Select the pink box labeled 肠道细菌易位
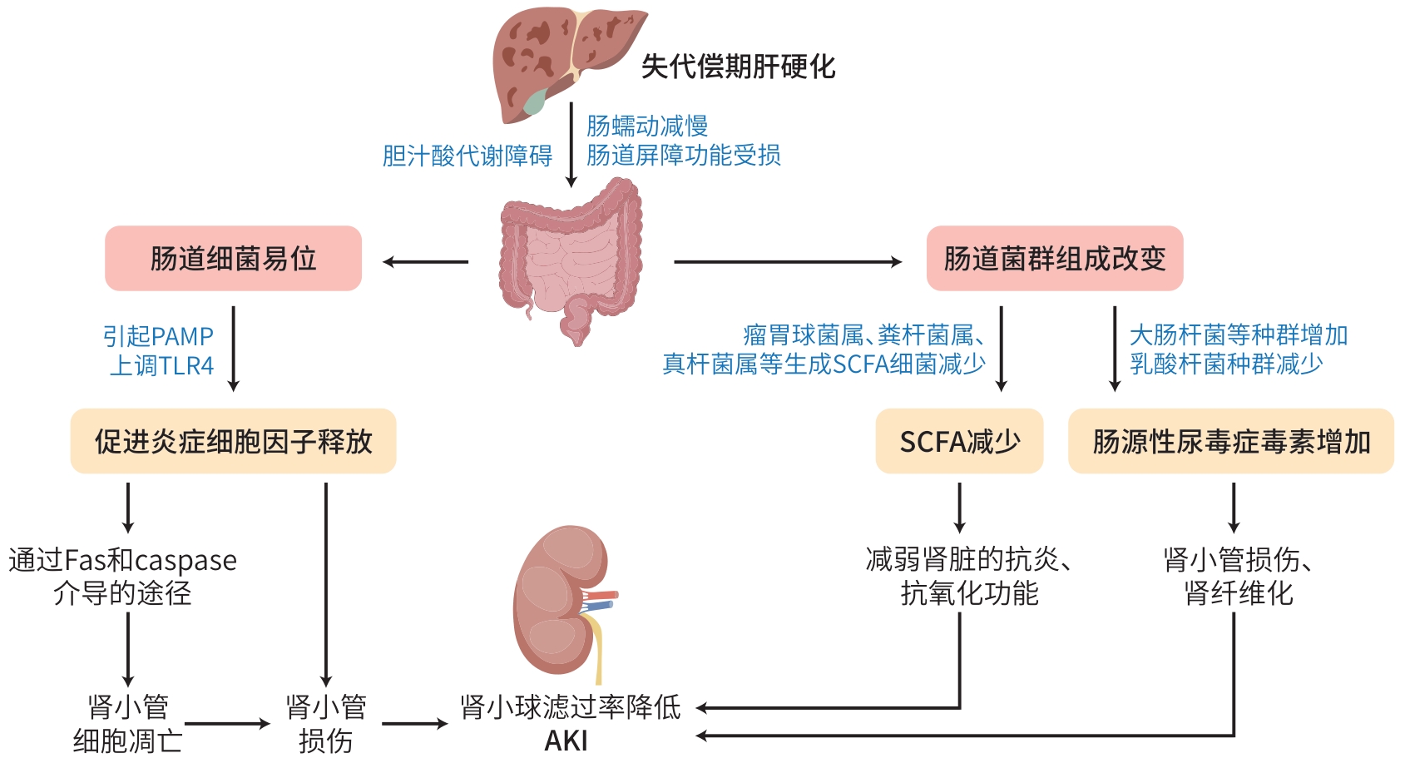pyautogui.click(x=233, y=259)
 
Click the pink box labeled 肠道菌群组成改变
pyautogui.click(x=1054, y=259)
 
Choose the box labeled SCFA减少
pyautogui.click(x=959, y=442)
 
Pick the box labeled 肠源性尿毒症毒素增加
pyautogui.click(x=1230, y=442)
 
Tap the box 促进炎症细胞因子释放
pyautogui.click(x=233, y=442)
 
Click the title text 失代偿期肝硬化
pyautogui.click(x=738, y=67)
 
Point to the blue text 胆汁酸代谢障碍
pyautogui.click(x=468, y=156)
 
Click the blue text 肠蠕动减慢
pyautogui.click(x=647, y=126)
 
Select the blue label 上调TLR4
pyautogui.click(x=162, y=366)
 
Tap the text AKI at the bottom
pyautogui.click(x=566, y=741)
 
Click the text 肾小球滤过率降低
pyautogui.click(x=571, y=707)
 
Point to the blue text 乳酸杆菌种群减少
pyautogui.click(x=1226, y=364)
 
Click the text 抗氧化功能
pyautogui.click(x=969, y=593)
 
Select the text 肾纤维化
pyautogui.click(x=1239, y=593)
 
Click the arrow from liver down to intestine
pyautogui.click(x=571, y=146)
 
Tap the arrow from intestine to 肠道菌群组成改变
pyautogui.click(x=786, y=262)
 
